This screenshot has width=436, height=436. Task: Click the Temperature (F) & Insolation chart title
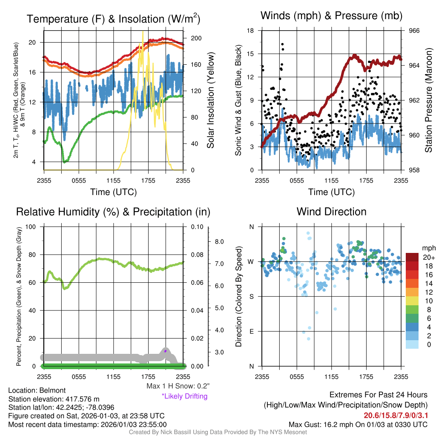point(113,19)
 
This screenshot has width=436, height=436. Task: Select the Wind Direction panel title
point(331,212)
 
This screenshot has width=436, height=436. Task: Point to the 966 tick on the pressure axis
point(414,31)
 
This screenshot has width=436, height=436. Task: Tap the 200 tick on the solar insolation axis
point(196,38)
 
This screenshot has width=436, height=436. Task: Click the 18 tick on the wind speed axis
point(250,31)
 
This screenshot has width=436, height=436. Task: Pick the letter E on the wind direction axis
point(251,331)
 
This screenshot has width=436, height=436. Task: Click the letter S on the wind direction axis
point(251,296)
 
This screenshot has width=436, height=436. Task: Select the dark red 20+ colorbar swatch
point(413,258)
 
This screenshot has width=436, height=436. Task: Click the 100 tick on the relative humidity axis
point(31,227)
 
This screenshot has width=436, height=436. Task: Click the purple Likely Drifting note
point(184,396)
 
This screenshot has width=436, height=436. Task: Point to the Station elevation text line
point(54,399)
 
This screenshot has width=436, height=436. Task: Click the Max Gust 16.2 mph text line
point(358,424)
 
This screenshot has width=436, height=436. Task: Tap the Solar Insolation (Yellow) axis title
point(211,100)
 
